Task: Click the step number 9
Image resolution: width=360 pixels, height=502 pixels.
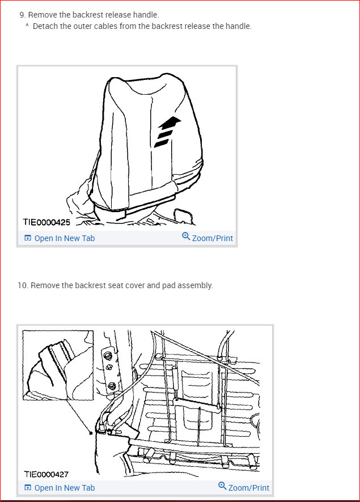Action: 22,15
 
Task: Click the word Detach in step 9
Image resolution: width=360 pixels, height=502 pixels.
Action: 45,26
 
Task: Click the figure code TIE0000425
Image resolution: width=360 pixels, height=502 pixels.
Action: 46,222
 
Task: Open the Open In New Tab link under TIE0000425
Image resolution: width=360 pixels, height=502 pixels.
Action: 64,238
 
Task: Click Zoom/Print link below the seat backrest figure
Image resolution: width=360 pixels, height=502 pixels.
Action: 212,238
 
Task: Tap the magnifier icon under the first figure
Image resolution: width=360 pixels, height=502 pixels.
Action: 186,237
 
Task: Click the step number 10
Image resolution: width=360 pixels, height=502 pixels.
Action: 23,285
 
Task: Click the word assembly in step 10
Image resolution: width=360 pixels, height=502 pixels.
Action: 194,285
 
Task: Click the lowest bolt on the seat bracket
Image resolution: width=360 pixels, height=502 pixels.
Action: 111,387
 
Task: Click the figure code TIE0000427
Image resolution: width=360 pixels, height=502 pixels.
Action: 46,474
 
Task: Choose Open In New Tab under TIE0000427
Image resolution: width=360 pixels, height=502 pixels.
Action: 64,488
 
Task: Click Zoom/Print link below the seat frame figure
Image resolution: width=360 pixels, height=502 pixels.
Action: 248,488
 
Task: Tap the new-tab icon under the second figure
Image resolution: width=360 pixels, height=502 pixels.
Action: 28,488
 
